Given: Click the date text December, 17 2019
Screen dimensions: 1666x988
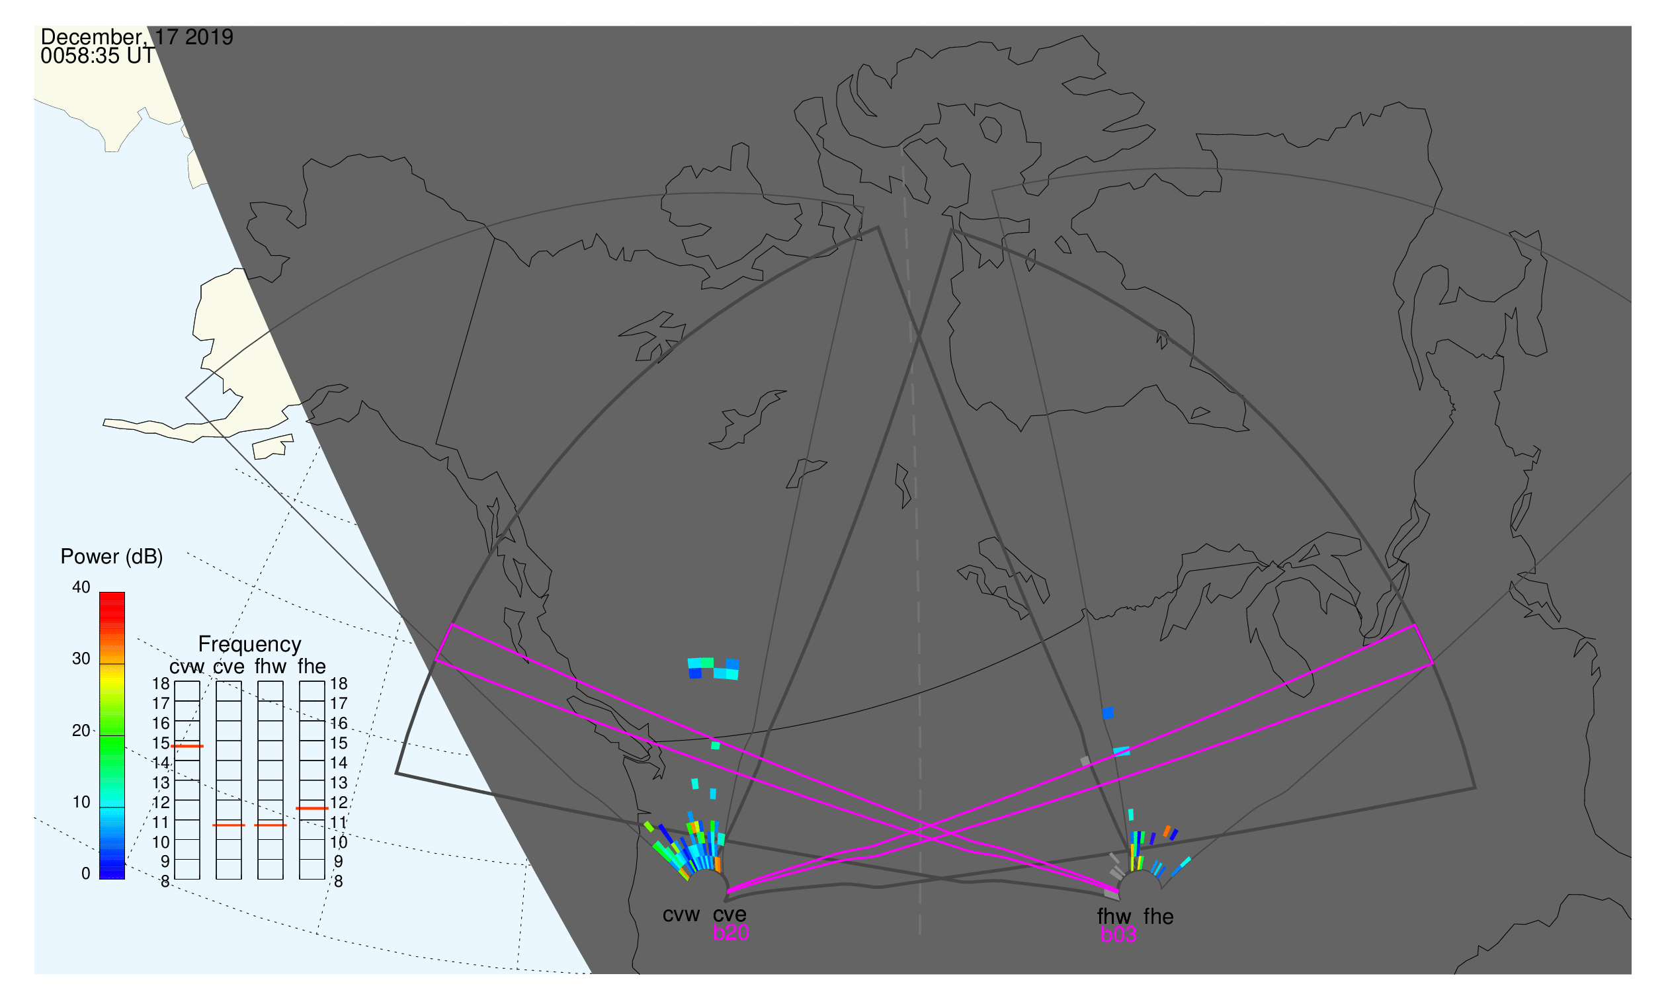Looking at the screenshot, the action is [x=137, y=37].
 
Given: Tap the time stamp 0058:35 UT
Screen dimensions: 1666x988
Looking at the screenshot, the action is [x=98, y=56].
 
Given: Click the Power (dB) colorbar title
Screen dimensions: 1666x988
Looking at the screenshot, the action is [x=112, y=557].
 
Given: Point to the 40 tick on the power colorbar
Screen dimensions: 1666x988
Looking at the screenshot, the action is [x=81, y=587].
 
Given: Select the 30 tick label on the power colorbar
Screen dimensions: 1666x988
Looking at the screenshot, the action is [x=81, y=659].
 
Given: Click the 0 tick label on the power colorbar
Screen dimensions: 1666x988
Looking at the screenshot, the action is [x=86, y=874].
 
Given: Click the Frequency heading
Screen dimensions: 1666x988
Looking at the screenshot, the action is [x=250, y=645].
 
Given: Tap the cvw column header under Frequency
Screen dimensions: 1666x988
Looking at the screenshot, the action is [x=187, y=667].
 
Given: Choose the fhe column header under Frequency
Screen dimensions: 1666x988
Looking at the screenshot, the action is [x=312, y=667].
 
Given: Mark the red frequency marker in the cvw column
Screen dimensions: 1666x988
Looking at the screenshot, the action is [x=187, y=747].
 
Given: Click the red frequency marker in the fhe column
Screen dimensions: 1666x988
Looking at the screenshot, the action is [x=312, y=809].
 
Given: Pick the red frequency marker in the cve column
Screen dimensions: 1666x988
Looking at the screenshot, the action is [x=229, y=826].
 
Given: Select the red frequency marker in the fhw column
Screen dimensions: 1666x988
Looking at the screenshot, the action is [x=271, y=826].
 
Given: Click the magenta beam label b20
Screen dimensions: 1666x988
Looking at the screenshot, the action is [x=731, y=933].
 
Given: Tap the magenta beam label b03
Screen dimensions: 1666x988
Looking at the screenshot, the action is [x=1118, y=935].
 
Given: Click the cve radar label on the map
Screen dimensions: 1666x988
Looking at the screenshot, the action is [x=729, y=915].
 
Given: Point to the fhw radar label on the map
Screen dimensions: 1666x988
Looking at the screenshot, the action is [x=1114, y=917].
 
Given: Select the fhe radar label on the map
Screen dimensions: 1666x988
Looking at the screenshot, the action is [x=1159, y=917].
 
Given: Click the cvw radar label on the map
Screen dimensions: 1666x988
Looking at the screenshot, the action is [x=681, y=915].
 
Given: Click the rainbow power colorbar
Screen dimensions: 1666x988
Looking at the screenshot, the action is [x=112, y=736].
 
